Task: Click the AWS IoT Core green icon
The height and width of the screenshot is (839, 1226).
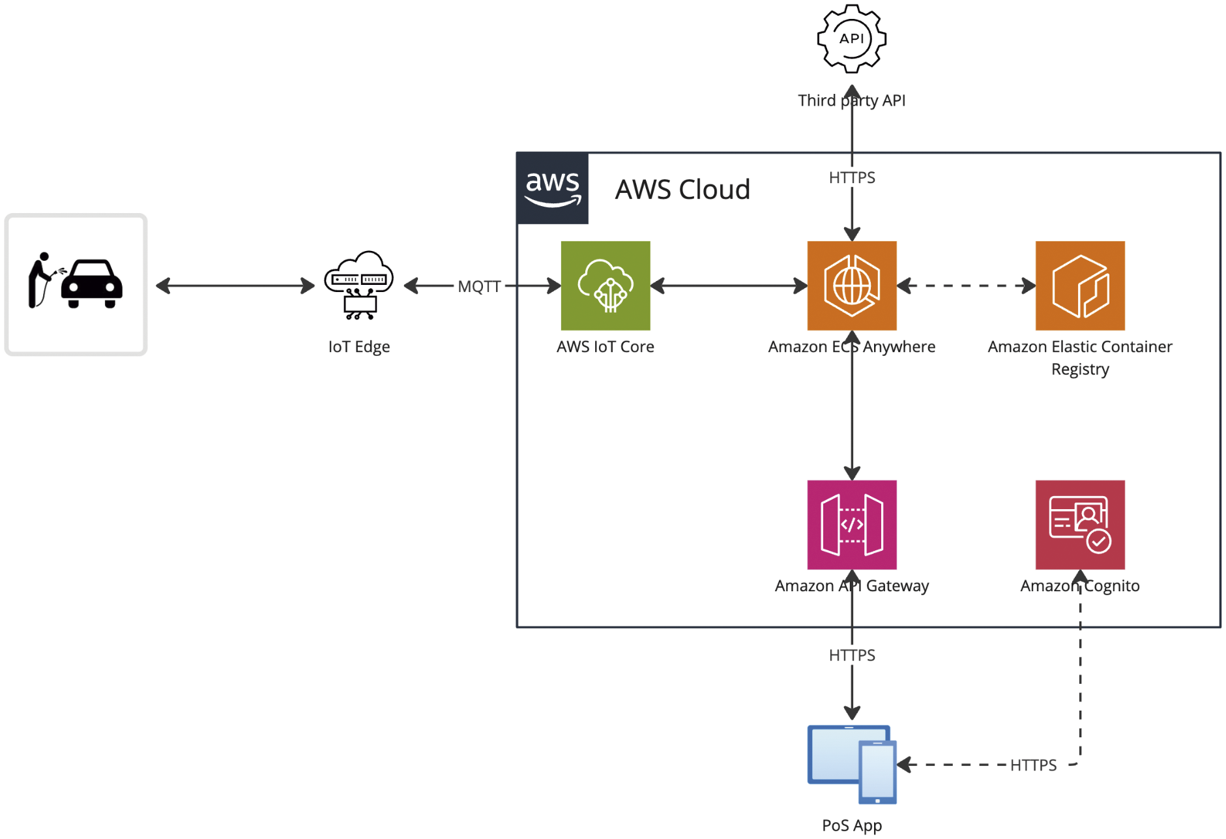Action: pos(605,286)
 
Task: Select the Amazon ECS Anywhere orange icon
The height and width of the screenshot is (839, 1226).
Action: pos(851,286)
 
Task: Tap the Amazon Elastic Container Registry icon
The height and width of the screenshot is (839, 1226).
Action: pos(1079,286)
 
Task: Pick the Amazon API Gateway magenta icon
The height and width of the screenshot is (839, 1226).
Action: pos(851,525)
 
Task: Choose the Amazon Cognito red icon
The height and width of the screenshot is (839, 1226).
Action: pos(1079,525)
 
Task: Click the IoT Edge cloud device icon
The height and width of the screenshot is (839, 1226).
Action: pos(359,285)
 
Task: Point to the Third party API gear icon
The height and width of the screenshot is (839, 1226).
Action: pos(851,38)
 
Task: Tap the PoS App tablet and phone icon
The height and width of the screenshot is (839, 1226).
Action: pos(851,764)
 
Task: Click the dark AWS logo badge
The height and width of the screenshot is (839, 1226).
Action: pos(552,188)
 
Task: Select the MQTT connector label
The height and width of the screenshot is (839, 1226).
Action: pos(479,286)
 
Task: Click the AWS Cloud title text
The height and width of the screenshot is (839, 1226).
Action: pos(682,190)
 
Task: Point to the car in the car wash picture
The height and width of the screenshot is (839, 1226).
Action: pos(92,284)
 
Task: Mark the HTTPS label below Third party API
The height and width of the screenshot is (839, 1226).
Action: pos(851,177)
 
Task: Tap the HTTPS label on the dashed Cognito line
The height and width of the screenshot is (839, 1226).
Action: pos(1033,765)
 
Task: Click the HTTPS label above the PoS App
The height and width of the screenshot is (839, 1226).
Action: pos(851,655)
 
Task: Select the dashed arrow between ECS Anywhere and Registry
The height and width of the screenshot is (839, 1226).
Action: pos(966,286)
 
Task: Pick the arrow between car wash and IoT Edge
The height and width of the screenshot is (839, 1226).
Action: pos(235,286)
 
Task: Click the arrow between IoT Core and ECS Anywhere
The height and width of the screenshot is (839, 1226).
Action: pos(729,286)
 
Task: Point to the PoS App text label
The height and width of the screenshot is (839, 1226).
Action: pos(851,825)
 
